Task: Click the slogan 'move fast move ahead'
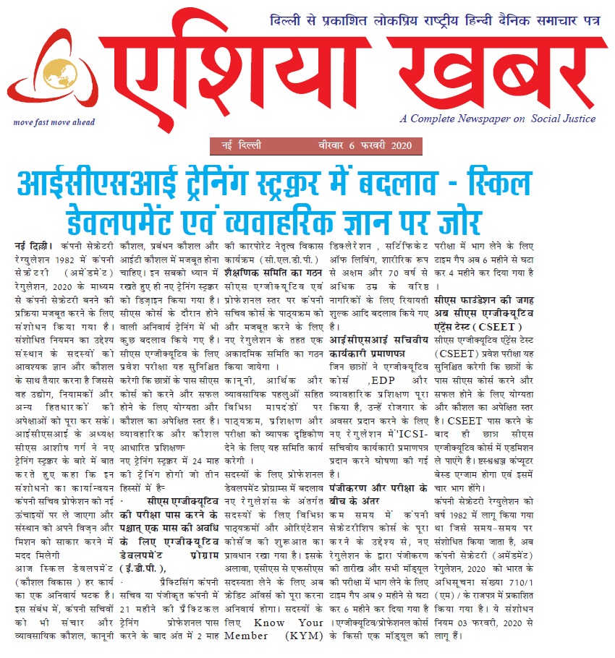[x=54, y=122]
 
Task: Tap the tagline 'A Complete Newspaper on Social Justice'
[x=499, y=119]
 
